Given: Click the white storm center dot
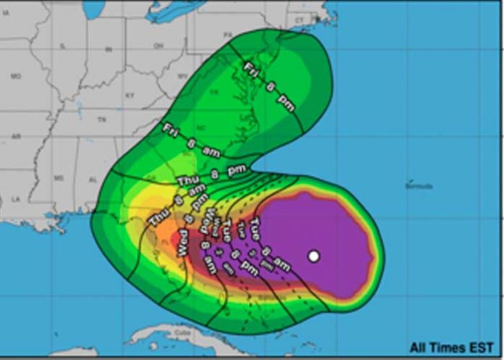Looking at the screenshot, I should point(314,256).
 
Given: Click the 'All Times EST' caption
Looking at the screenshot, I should point(453,348).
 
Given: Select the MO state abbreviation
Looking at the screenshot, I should point(17,76).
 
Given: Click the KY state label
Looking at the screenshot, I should point(130,95).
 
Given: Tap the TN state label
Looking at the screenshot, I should point(102,119).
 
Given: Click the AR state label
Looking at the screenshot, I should point(16,136).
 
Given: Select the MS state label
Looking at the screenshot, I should point(59,177).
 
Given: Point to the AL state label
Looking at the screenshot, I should point(93,179).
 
